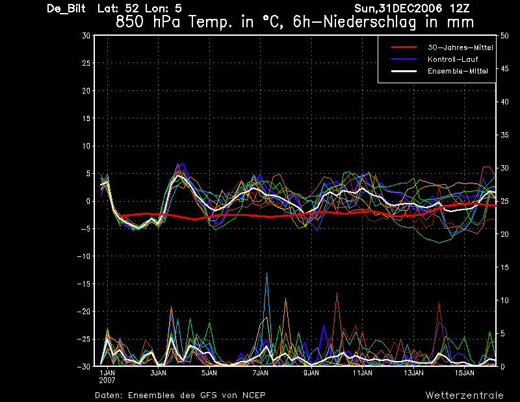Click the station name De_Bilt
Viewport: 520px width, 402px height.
coord(66,8)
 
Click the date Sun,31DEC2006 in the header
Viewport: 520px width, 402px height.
coord(398,8)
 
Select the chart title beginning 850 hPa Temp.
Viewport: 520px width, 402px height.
coord(294,22)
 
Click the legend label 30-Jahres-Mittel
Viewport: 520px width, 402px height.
coord(460,47)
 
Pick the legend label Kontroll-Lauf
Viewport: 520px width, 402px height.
coord(452,59)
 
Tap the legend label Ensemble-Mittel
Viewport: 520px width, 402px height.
coord(458,71)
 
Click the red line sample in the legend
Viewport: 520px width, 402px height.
coord(404,47)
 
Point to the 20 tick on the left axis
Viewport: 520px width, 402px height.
coord(86,90)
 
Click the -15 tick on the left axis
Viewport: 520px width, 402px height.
coord(84,284)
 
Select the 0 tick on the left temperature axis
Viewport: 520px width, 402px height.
coord(88,201)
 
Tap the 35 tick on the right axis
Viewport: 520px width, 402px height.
coord(504,135)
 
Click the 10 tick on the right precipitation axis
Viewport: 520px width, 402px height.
coord(504,301)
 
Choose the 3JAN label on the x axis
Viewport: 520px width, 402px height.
coord(158,373)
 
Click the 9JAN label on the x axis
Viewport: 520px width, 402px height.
coord(311,373)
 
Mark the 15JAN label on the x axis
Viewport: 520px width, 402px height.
coord(464,373)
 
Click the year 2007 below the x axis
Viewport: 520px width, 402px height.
coord(107,381)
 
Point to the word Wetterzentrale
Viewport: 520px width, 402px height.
coord(464,395)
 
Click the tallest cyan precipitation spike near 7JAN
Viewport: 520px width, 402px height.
coord(266,273)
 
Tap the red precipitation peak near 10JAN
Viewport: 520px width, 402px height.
coord(337,293)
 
